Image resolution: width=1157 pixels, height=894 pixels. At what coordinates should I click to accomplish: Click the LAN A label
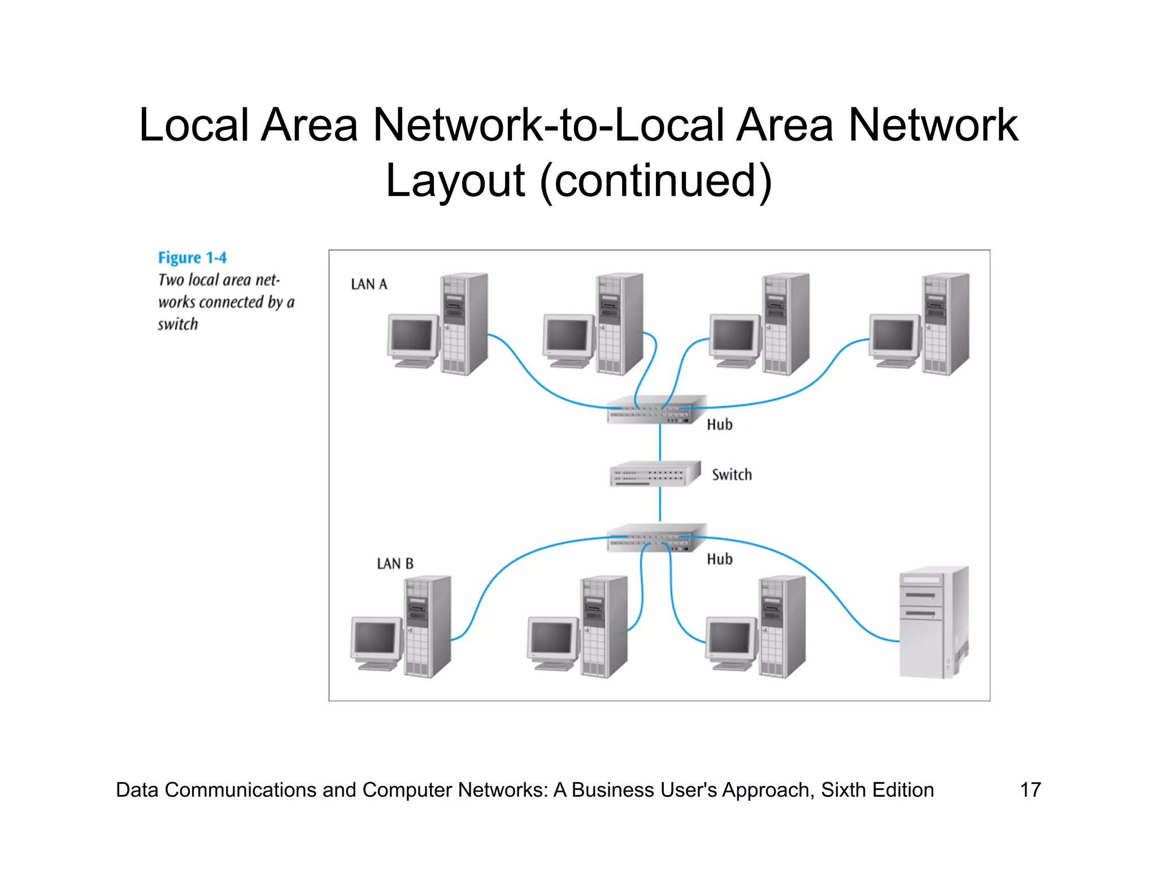pos(369,284)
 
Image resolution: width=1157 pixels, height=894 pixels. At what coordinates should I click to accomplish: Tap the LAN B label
pos(395,563)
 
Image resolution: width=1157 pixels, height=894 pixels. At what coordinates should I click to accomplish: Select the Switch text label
pos(732,475)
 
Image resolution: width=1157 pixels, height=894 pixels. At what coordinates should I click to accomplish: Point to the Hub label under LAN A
pos(719,424)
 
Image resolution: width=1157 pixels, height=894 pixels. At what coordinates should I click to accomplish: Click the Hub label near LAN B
pos(719,559)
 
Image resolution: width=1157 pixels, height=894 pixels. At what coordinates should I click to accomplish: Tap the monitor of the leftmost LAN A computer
pos(412,335)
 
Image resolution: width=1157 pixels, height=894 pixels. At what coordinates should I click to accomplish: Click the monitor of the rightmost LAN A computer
pos(894,335)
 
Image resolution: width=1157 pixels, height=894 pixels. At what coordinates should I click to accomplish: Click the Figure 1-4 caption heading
pos(192,258)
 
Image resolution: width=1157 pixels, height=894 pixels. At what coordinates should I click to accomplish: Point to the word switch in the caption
pos(178,324)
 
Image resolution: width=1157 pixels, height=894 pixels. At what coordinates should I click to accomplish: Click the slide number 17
pos(1030,789)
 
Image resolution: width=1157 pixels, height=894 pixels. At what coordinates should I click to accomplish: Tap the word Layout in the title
pos(455,181)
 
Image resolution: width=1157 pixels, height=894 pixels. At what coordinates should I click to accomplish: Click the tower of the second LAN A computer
pos(620,324)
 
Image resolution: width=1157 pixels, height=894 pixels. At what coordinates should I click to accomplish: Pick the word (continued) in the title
pos(656,181)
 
